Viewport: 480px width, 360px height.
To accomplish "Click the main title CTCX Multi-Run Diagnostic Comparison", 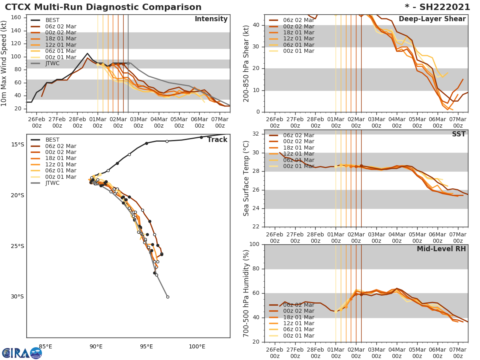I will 103,7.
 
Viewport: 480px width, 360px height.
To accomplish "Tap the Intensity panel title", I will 211,19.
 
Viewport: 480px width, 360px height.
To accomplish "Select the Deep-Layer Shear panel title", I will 432,19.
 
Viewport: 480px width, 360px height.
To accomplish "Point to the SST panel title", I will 458,134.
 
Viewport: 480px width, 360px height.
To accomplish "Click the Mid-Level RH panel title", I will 441,249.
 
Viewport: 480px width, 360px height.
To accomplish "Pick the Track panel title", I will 217,140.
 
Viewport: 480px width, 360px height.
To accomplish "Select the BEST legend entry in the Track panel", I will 52,140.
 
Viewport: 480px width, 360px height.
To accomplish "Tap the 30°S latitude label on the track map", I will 17,297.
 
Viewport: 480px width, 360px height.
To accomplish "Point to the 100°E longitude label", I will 197,346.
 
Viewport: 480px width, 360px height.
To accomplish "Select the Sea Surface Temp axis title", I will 246,178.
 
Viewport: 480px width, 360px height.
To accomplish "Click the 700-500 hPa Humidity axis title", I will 246,293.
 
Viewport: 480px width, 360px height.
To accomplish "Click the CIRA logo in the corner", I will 22,353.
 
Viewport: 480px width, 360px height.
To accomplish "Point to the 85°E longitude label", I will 46,346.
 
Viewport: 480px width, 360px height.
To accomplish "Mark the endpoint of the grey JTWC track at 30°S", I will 168,297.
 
